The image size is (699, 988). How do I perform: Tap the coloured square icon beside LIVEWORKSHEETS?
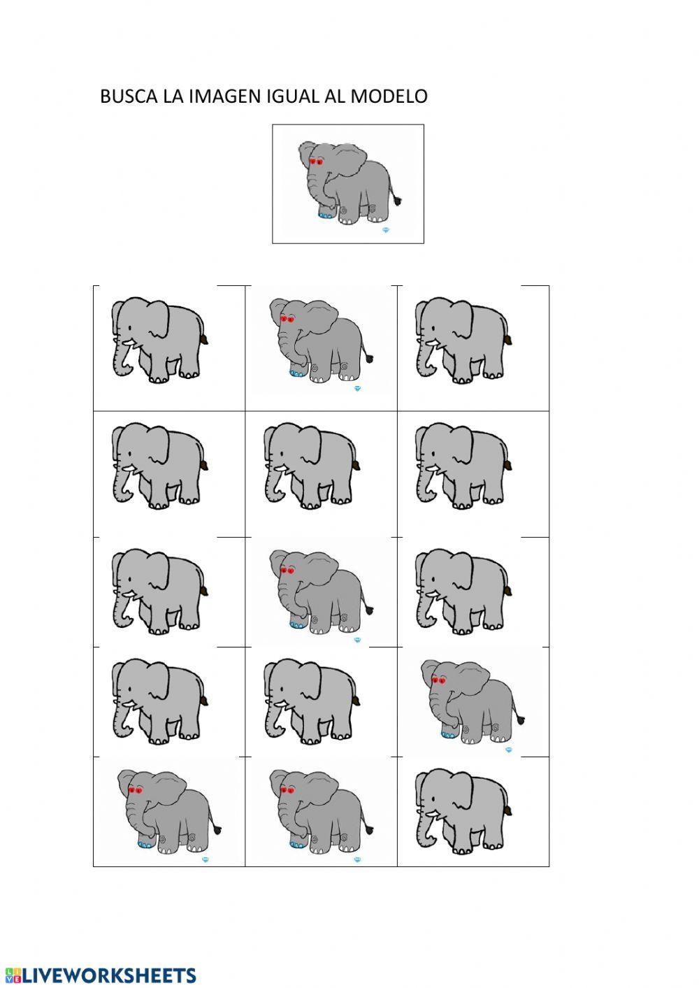click(12, 975)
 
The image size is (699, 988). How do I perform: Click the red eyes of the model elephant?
click(316, 162)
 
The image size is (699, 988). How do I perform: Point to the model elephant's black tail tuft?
click(399, 201)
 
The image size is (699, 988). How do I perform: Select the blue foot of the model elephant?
click(324, 216)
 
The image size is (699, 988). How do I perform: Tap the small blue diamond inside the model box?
click(385, 229)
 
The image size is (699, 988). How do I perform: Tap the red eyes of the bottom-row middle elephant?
click(287, 790)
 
